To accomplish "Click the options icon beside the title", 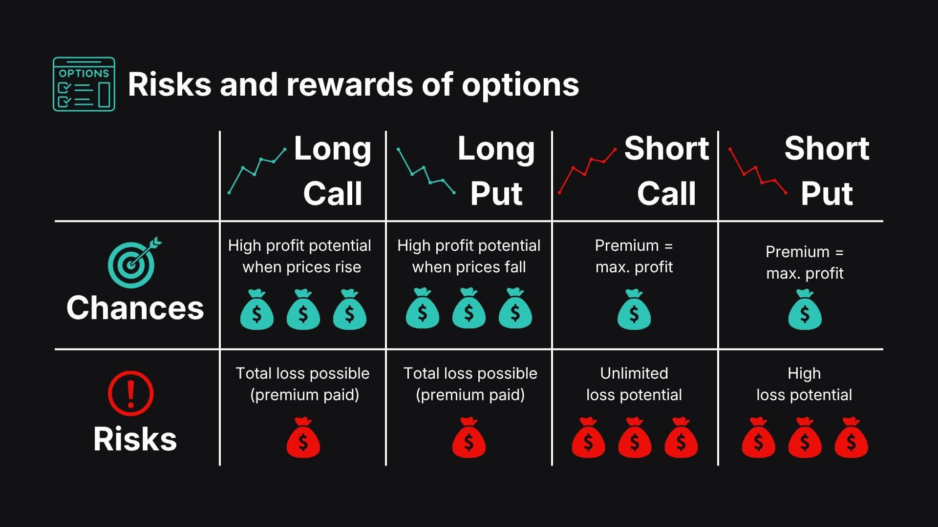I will (84, 84).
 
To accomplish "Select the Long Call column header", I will (333, 171).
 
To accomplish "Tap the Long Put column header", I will (496, 171).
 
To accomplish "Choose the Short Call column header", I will (666, 171).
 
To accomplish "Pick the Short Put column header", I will (827, 171).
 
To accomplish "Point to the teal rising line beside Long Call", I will (257, 170).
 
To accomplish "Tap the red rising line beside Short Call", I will (587, 170).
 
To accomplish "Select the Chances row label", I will (135, 308).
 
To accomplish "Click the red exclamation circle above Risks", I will (130, 393).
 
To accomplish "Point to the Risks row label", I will (135, 439).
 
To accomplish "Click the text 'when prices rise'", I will (302, 267).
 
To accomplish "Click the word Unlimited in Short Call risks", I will (634, 373).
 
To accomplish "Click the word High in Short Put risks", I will (804, 373).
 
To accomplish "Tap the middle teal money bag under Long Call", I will (303, 310).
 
